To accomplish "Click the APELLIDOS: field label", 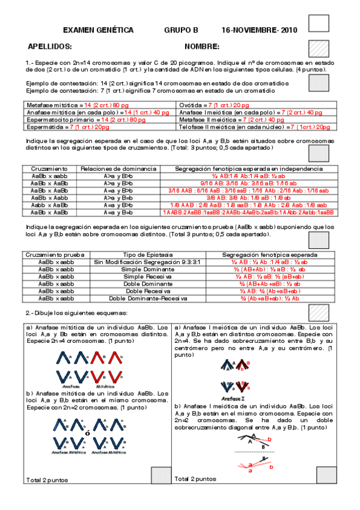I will pyautogui.click(x=50, y=47).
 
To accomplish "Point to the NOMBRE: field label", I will pyautogui.click(x=202, y=47).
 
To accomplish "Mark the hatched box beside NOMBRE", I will pyautogui.click(x=318, y=48).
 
